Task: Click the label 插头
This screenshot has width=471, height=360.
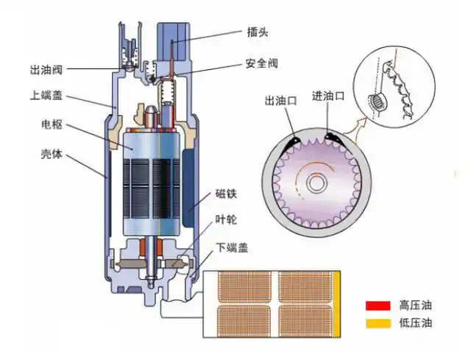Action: pyautogui.click(x=257, y=32)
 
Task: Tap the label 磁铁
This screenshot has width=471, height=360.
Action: pyautogui.click(x=226, y=194)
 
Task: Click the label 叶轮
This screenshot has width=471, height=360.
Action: pyautogui.click(x=226, y=220)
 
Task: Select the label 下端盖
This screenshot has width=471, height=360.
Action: pyautogui.click(x=231, y=247)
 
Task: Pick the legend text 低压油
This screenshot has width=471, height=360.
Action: pyautogui.click(x=415, y=322)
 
